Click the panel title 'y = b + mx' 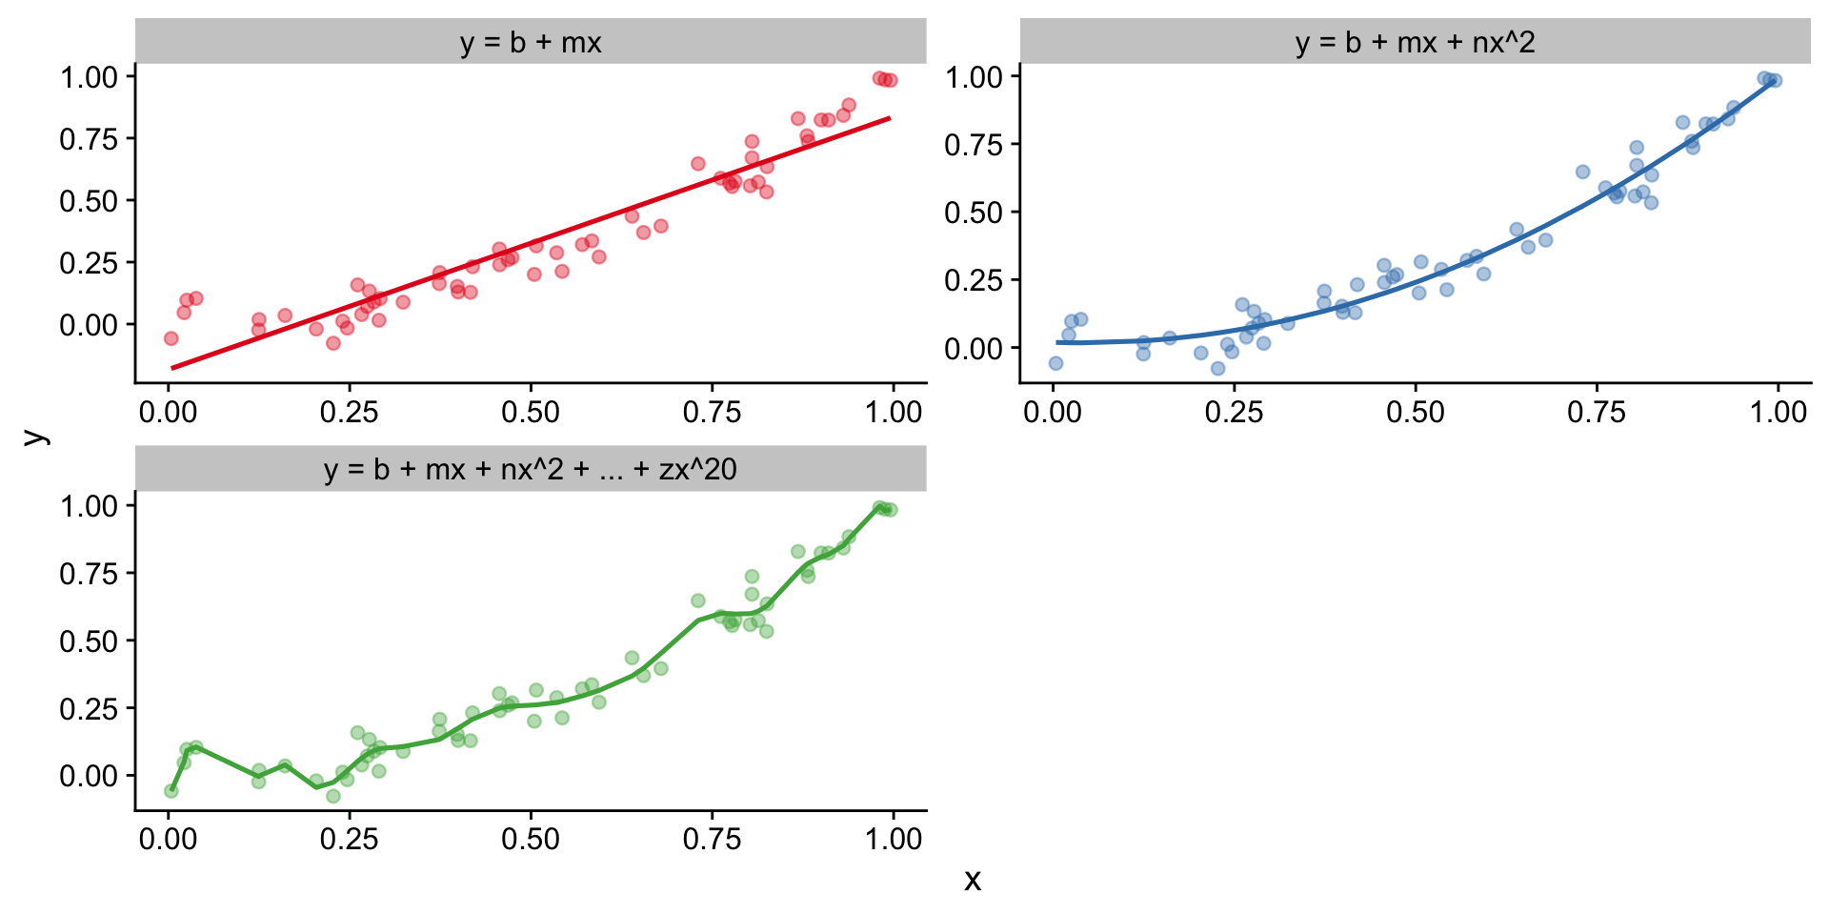point(530,43)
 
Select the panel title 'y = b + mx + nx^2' point(1415,43)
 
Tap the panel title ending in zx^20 point(530,470)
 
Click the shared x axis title point(972,880)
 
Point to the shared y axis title point(35,436)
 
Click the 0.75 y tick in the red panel point(89,139)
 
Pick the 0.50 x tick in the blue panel point(1415,413)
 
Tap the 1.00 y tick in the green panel point(89,505)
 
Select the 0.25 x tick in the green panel point(349,840)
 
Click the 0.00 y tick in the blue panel point(973,349)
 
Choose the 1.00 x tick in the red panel point(893,413)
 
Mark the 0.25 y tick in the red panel point(89,263)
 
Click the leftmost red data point point(171,338)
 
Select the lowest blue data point point(1217,368)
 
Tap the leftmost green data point point(171,791)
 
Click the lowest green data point point(333,796)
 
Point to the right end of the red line point(890,118)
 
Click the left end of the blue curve point(1057,342)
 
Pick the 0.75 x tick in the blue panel point(1597,413)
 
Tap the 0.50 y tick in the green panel point(89,641)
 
